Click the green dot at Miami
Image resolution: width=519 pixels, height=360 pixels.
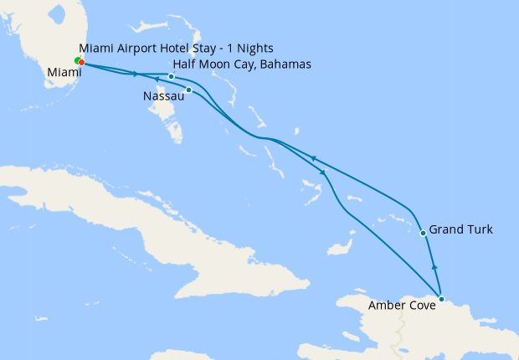tap(77, 61)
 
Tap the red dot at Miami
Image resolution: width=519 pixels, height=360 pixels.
tap(81, 62)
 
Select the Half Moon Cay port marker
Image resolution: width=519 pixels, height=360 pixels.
tap(171, 76)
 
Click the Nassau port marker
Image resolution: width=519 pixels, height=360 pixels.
tap(188, 90)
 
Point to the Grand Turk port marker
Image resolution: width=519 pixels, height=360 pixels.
tap(423, 233)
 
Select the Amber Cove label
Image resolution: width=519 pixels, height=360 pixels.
tap(402, 306)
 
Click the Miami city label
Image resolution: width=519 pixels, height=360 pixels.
tap(64, 73)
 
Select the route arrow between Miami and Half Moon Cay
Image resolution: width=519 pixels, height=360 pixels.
tap(134, 74)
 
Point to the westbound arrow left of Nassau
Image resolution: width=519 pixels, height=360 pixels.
tap(157, 79)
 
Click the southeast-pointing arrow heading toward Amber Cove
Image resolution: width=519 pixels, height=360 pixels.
tap(323, 172)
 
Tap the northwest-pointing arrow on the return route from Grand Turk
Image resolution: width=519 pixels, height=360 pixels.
tap(312, 157)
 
